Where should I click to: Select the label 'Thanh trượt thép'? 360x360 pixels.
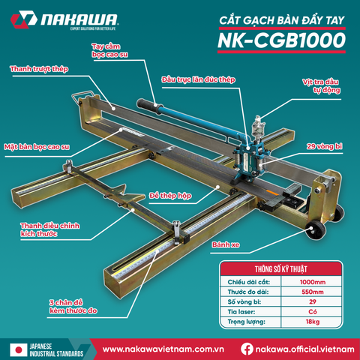(39, 69)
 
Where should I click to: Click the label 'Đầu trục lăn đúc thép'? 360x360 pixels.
(196, 78)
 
